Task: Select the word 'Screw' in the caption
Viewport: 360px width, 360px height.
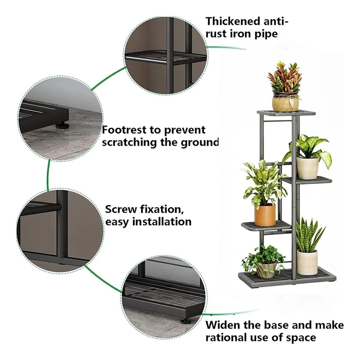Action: pos(121,210)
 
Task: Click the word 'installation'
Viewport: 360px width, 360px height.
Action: pos(162,222)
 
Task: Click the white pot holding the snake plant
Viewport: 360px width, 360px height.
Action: pos(307,262)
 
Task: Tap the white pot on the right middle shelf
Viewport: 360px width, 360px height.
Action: pos(307,168)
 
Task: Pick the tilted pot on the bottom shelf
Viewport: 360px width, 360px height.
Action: pos(266,270)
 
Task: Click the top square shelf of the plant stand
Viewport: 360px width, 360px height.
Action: pos(286,113)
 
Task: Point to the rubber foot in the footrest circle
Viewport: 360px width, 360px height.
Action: pos(61,126)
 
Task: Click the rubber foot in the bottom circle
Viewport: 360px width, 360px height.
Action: pos(184,320)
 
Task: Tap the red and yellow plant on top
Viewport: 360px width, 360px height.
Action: pos(285,76)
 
